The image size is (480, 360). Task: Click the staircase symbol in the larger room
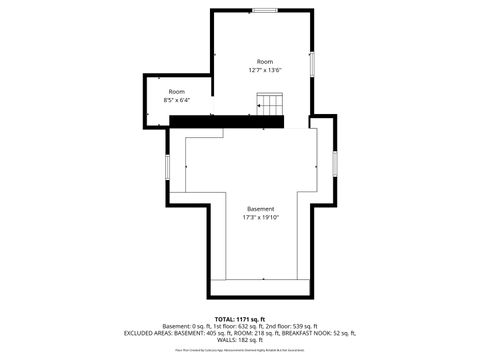point(271,103)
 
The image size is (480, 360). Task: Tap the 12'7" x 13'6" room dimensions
point(265,70)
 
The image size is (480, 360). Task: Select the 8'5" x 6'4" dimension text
point(176,100)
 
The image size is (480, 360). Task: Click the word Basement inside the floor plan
point(260,209)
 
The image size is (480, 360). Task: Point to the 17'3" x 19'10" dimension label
point(260,217)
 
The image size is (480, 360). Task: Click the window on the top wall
point(265,10)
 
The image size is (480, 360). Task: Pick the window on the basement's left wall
point(167,164)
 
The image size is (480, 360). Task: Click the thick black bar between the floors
point(227,121)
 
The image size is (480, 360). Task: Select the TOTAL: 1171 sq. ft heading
point(240,319)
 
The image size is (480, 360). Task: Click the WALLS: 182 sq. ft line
point(240,340)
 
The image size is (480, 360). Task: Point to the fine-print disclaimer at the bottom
point(240,350)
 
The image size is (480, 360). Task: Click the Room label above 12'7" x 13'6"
point(265,62)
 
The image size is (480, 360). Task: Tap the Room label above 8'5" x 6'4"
point(176,92)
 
